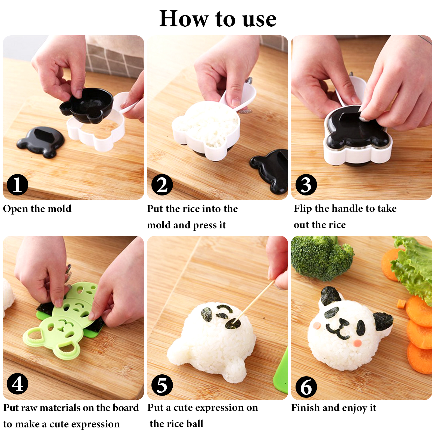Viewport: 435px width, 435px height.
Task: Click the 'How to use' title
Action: coord(218,19)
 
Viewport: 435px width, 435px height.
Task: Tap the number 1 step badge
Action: coord(18,185)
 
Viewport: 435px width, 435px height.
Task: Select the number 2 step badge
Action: coord(162,185)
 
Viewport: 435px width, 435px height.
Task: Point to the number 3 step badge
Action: coord(306,185)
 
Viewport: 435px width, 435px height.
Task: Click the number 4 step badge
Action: coord(18,384)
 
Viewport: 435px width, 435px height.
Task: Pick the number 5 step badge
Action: coord(162,385)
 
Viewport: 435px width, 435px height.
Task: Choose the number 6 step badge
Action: coord(306,387)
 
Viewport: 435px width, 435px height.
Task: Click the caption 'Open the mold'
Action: coord(37,209)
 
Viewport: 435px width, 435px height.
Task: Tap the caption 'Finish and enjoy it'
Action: coord(334,408)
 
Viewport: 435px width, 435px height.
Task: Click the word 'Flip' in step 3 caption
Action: coord(303,209)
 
